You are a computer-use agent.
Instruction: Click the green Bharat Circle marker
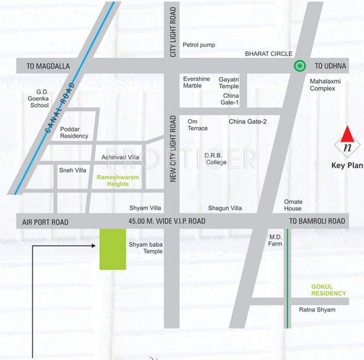(x=299, y=66)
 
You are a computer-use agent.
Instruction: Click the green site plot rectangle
(x=113, y=249)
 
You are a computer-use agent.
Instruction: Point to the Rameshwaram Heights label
(x=113, y=180)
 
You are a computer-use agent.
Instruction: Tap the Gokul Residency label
(x=328, y=290)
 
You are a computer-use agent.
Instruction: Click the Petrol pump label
(x=199, y=45)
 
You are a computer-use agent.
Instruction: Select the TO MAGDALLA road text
(x=48, y=67)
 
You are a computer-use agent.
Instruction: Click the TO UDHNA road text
(x=330, y=66)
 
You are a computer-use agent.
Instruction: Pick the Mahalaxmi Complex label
(x=325, y=85)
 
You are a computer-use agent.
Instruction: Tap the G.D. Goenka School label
(x=39, y=99)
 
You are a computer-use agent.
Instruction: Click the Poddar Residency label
(x=74, y=133)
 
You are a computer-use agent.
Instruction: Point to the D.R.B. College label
(x=215, y=159)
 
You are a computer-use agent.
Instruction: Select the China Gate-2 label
(x=248, y=122)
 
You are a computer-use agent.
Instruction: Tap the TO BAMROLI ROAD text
(x=317, y=221)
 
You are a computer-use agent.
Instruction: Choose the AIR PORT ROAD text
(x=45, y=222)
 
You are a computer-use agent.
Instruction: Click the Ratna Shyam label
(x=317, y=310)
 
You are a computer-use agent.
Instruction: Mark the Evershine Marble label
(x=196, y=82)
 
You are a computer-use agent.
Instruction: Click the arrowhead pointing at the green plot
(x=95, y=245)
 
